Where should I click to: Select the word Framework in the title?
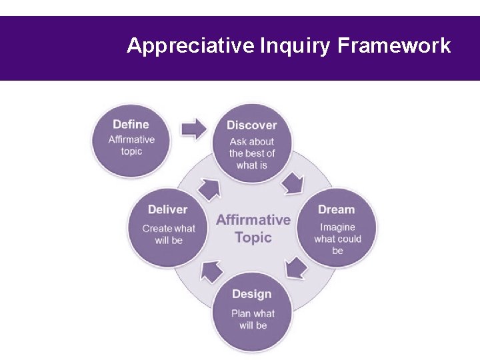pos(394,46)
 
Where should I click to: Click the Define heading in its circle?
pos(131,124)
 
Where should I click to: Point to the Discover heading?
pos(251,125)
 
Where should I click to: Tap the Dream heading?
pos(337,210)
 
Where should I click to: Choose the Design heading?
pos(252,294)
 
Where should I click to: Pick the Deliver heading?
pos(168,209)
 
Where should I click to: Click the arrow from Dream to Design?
pos(295,268)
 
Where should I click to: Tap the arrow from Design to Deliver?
pos(212,271)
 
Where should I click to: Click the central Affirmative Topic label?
pos(253,228)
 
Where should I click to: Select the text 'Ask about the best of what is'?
pos(252,153)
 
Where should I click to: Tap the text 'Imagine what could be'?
pos(337,239)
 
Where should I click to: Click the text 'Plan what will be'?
pos(253,319)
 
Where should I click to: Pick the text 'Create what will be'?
pos(169,234)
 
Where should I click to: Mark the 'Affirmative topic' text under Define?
pos(131,145)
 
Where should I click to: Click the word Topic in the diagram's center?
pos(253,237)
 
